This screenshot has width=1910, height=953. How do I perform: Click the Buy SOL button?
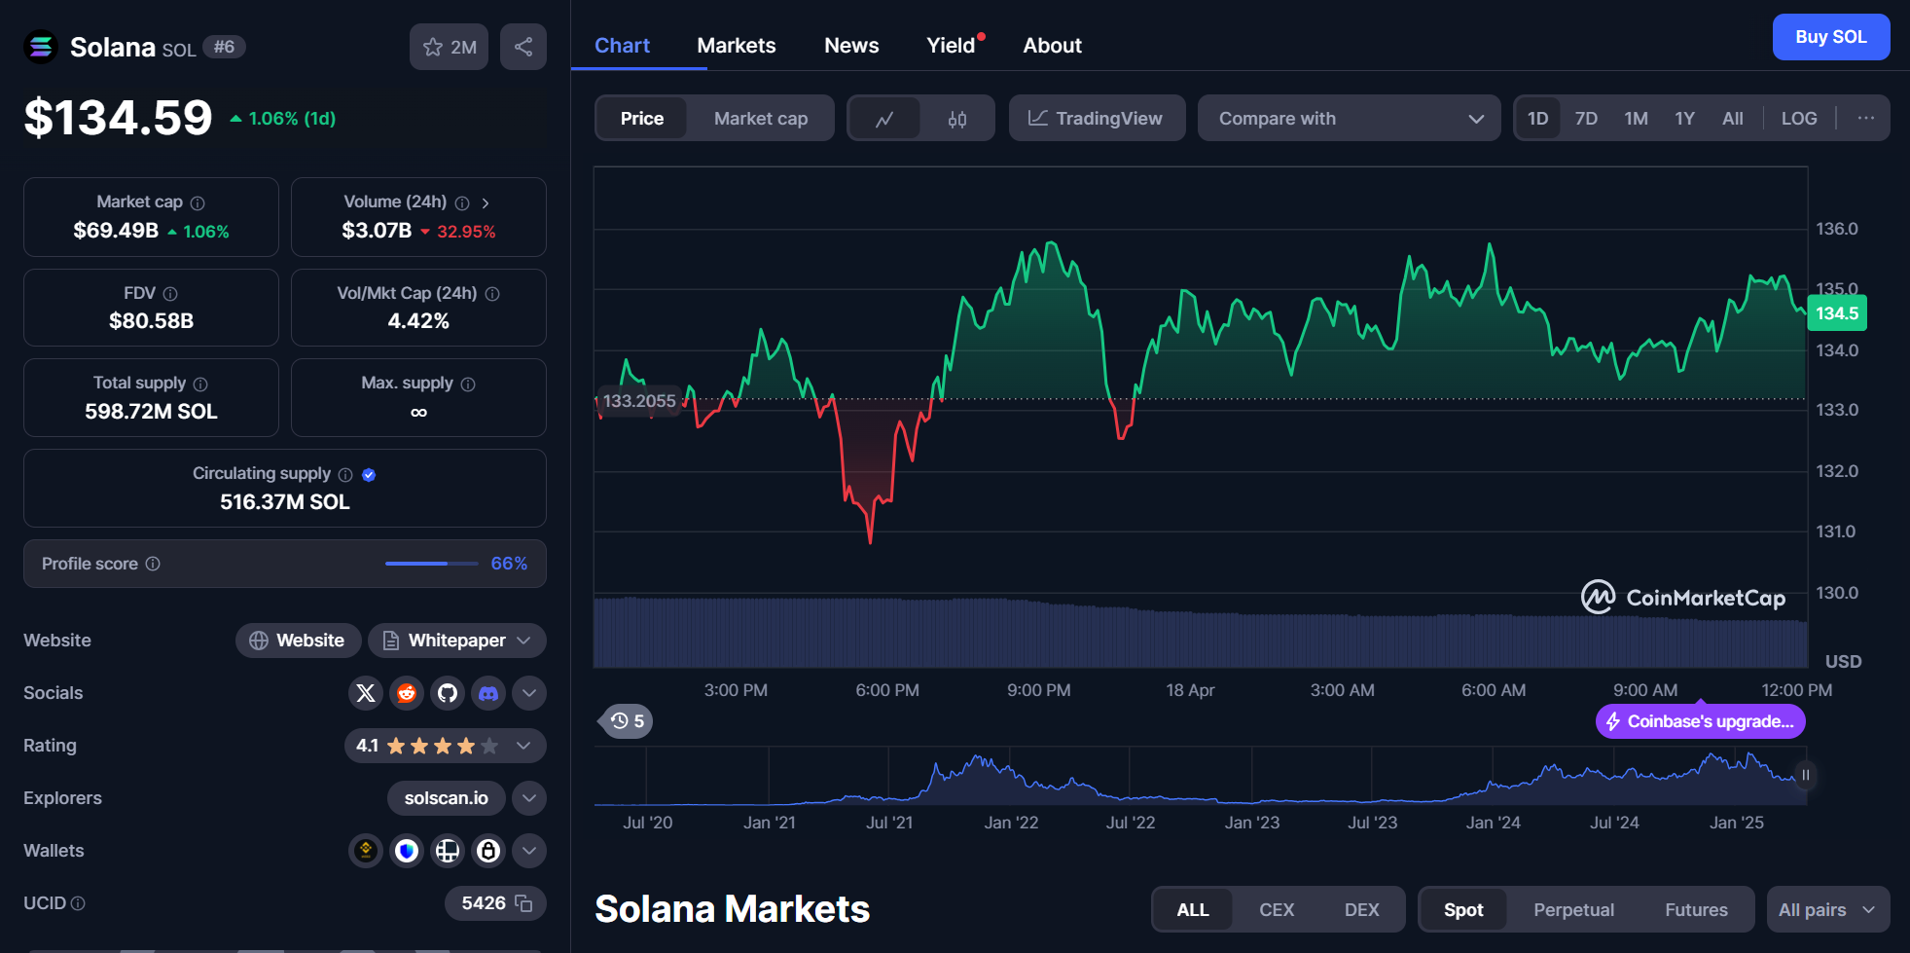[1830, 37]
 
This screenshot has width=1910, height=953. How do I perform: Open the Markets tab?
[736, 46]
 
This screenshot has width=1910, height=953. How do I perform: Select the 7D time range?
[1586, 118]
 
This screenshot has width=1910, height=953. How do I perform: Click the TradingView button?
[1097, 118]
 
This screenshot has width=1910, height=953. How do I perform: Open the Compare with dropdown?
[1349, 118]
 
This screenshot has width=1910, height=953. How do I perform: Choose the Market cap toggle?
[760, 118]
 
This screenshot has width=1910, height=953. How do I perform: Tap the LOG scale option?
[1798, 118]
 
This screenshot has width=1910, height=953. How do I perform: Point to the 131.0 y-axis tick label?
[1835, 531]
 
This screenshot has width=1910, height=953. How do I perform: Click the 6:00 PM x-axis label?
[886, 690]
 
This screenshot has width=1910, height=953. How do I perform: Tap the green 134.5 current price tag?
[1836, 313]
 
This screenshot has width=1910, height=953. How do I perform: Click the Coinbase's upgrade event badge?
[1700, 721]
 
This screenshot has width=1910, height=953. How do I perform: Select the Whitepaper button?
[457, 641]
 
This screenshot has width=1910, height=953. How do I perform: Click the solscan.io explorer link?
[446, 798]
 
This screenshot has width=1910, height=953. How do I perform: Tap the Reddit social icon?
[407, 693]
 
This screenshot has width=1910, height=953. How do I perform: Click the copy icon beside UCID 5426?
[523, 903]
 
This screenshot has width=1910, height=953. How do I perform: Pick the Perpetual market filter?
[1573, 909]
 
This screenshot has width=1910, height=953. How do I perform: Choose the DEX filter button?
[1361, 909]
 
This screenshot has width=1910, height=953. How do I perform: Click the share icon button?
[523, 47]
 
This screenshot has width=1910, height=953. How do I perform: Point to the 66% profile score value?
[509, 564]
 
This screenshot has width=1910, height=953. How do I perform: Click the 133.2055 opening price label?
[638, 401]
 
